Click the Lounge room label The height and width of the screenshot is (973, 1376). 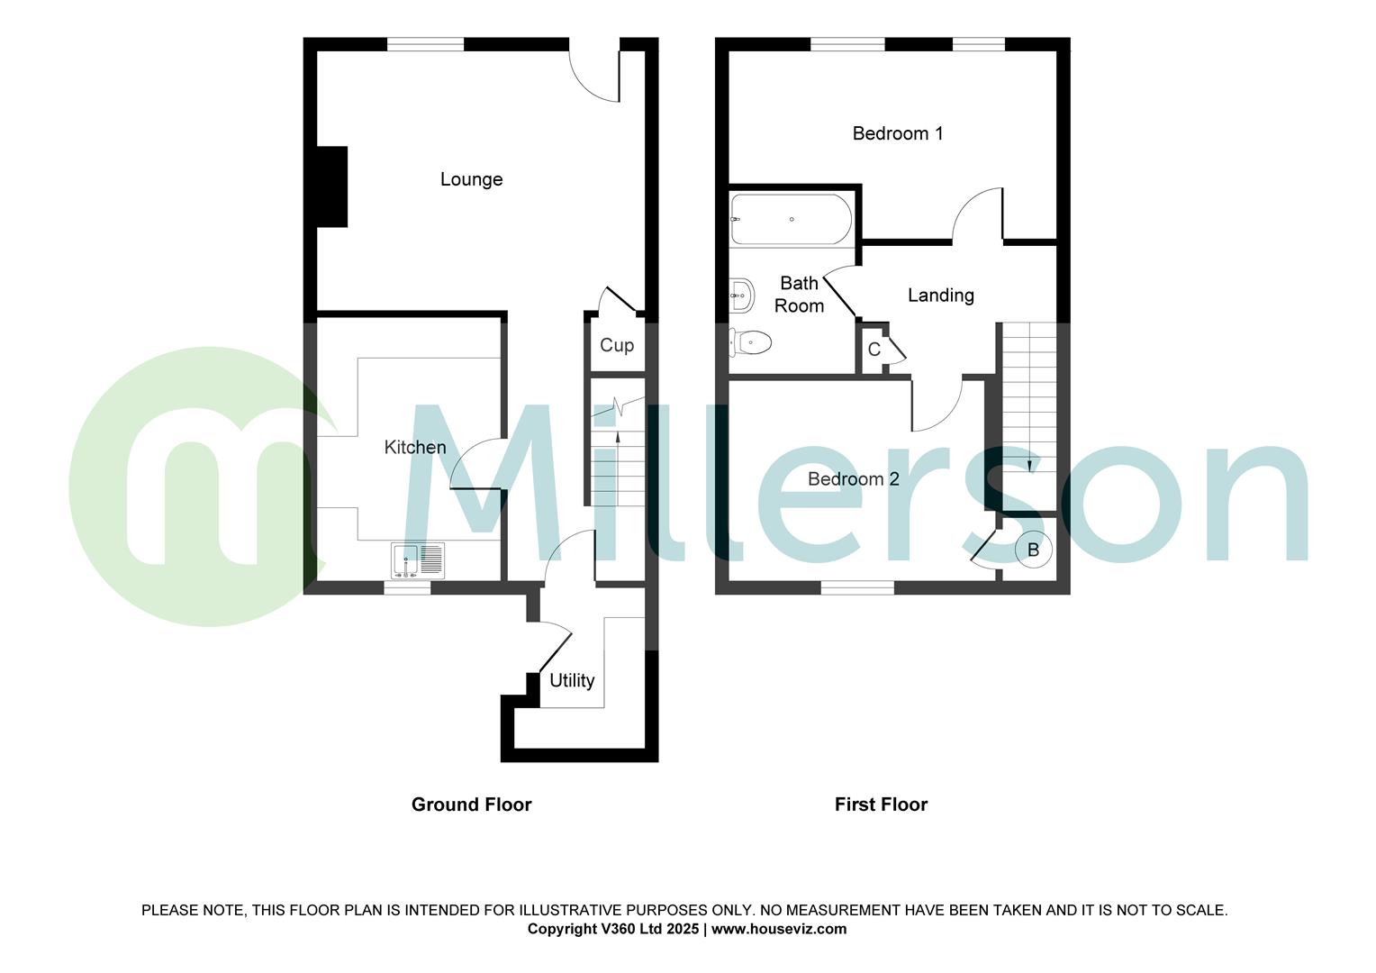[471, 179]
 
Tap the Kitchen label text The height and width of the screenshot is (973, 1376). [414, 447]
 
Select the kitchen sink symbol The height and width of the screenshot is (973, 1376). [418, 560]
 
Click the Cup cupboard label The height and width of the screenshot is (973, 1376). [617, 345]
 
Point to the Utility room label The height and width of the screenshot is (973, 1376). [572, 680]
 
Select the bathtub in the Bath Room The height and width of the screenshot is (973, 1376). [791, 219]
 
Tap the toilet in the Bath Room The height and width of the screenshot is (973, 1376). [750, 342]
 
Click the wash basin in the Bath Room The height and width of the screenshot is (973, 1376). [742, 294]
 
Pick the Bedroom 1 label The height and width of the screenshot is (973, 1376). [897, 133]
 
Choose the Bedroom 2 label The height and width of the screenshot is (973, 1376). [853, 478]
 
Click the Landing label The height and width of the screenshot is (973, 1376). [940, 295]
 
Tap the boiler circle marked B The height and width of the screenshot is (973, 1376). [1033, 550]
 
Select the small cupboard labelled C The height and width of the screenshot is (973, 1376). [874, 350]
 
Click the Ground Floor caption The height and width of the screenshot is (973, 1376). [471, 805]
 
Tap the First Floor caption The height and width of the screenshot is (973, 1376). [881, 805]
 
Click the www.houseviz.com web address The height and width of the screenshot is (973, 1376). [779, 929]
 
